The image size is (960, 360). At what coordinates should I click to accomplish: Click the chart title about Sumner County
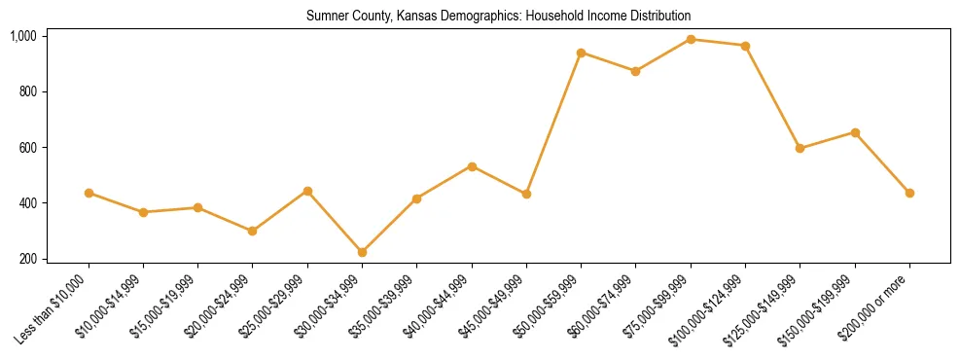pyautogui.click(x=498, y=17)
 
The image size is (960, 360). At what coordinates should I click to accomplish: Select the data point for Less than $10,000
pyautogui.click(x=89, y=193)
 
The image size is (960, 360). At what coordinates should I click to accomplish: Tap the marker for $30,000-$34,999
pyautogui.click(x=362, y=252)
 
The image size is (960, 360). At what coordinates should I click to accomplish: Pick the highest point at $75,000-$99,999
pyautogui.click(x=691, y=39)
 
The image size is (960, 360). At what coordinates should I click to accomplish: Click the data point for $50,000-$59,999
pyautogui.click(x=581, y=53)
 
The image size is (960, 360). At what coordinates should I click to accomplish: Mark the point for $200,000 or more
pyautogui.click(x=909, y=193)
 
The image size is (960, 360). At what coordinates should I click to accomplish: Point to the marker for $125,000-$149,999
pyautogui.click(x=800, y=148)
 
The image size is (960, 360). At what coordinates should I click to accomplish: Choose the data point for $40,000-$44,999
pyautogui.click(x=472, y=166)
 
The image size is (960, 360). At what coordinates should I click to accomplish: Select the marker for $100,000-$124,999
pyautogui.click(x=745, y=46)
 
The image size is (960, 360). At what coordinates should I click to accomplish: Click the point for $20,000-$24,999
pyautogui.click(x=253, y=231)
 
